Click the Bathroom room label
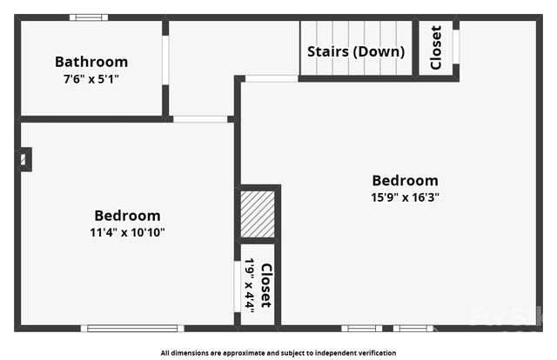click(91, 62)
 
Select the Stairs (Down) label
click(356, 51)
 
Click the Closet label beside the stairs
click(435, 48)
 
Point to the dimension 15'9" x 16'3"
click(405, 197)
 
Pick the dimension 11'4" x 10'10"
click(127, 232)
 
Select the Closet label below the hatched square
click(265, 285)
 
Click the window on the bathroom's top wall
click(89, 17)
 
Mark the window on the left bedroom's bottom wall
click(131, 328)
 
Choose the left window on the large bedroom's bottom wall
click(361, 328)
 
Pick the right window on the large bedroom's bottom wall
click(413, 328)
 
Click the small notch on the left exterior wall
click(24, 159)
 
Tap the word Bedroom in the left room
click(127, 216)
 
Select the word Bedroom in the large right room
click(405, 180)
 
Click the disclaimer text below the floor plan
click(278, 353)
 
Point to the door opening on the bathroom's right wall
click(165, 60)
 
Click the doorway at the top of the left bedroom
click(200, 118)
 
